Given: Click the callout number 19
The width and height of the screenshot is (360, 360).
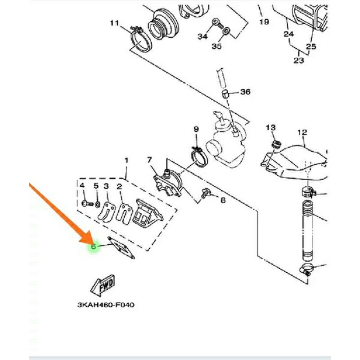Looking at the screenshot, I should click(264, 22).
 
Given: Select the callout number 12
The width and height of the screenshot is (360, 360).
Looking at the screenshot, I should click(302, 132).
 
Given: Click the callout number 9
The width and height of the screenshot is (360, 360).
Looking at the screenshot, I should click(196, 130).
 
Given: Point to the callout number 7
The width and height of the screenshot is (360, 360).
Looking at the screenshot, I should click(149, 160).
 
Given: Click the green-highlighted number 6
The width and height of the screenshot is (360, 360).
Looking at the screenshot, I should click(94, 246).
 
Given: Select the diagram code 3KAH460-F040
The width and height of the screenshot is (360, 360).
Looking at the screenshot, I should click(106, 305).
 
